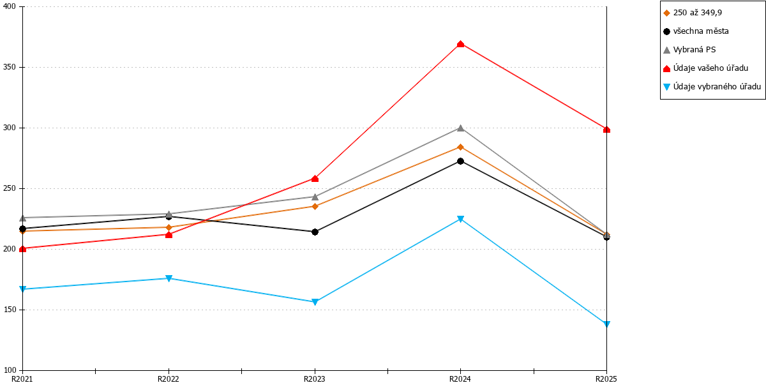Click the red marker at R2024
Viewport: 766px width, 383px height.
click(461, 44)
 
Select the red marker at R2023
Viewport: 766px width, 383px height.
click(315, 179)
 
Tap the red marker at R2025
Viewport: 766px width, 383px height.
click(606, 130)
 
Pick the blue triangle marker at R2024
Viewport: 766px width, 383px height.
click(461, 219)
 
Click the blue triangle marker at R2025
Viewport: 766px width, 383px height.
click(606, 324)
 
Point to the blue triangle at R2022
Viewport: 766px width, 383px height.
click(169, 278)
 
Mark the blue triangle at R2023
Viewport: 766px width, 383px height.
click(315, 302)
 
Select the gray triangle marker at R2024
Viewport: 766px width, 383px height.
click(461, 128)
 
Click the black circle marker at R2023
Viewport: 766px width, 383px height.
click(315, 232)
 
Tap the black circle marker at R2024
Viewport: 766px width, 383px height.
click(461, 161)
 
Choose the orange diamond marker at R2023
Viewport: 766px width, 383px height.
click(315, 206)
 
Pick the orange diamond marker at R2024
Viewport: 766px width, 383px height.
click(461, 147)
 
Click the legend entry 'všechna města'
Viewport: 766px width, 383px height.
click(696, 31)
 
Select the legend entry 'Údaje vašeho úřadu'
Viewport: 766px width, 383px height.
click(705, 68)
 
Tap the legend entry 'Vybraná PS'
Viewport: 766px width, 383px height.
click(689, 50)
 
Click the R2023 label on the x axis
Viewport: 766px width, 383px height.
click(315, 379)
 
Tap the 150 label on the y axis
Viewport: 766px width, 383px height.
click(9, 310)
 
